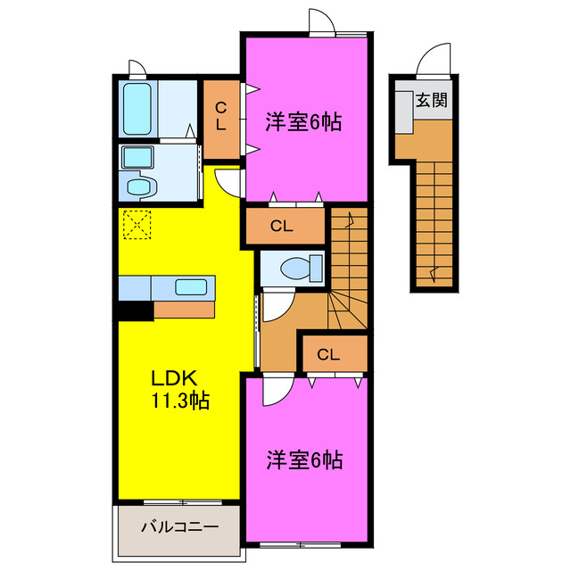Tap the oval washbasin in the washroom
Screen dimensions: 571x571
[141, 187]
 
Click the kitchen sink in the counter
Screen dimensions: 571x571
[194, 286]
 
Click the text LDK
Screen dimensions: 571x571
[175, 378]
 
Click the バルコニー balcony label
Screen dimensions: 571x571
[178, 527]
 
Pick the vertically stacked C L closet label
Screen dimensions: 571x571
[220, 118]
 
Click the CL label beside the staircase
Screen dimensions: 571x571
[282, 226]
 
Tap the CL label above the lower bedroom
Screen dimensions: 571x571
[328, 354]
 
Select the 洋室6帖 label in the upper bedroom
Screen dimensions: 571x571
[304, 123]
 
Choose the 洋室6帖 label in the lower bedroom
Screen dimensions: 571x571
[304, 460]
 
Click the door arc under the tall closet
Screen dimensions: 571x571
[229, 182]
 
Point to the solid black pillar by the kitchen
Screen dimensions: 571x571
[134, 310]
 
